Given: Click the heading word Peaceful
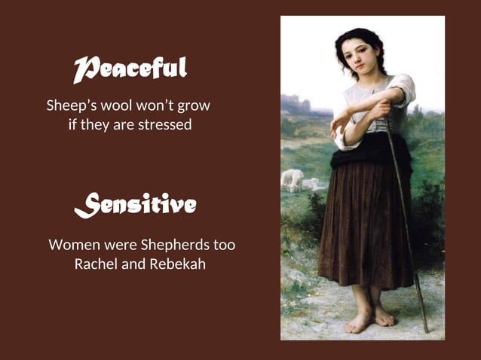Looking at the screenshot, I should pyautogui.click(x=130, y=69).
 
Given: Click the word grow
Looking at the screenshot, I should pyautogui.click(x=195, y=105).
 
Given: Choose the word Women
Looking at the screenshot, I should pyautogui.click(x=72, y=246).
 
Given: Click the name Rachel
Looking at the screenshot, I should pyautogui.click(x=99, y=265).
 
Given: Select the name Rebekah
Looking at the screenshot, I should pyautogui.click(x=177, y=265).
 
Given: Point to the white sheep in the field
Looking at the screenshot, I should pyautogui.click(x=293, y=179).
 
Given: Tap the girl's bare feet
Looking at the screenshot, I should pyautogui.click(x=369, y=319).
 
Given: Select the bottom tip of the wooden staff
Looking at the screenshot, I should pyautogui.click(x=426, y=330).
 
